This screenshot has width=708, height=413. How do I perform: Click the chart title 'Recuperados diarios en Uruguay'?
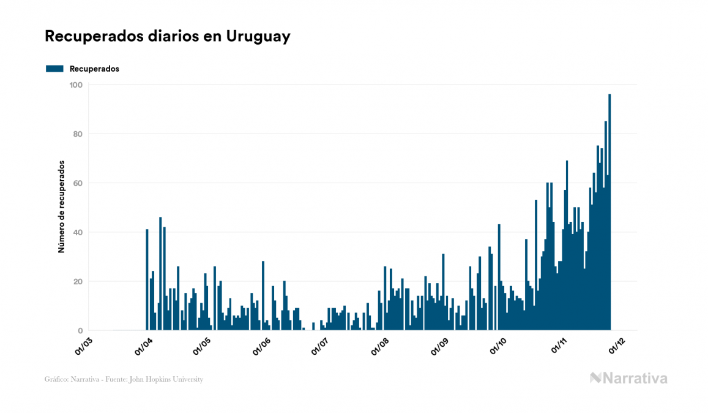[x=167, y=37]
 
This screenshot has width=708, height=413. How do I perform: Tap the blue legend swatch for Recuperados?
[x=54, y=69]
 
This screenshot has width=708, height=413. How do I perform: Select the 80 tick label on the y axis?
[x=77, y=134]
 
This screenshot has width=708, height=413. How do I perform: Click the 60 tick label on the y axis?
[x=77, y=183]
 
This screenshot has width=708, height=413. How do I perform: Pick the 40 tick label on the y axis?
[x=77, y=232]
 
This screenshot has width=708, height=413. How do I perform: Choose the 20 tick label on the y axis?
[x=77, y=282]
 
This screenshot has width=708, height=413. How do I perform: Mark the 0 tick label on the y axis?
[x=80, y=331]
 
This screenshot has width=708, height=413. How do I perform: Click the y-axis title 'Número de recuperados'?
[x=62, y=207]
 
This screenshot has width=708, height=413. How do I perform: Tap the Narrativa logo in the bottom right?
[x=628, y=378]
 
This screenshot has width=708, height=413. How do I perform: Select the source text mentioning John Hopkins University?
[x=124, y=379]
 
